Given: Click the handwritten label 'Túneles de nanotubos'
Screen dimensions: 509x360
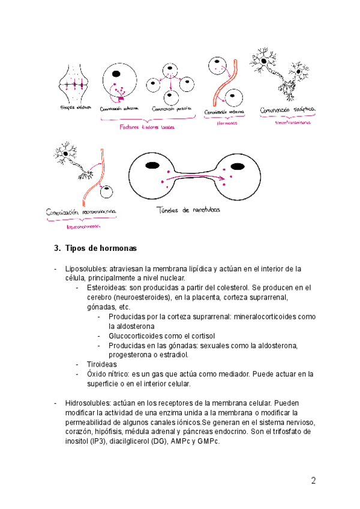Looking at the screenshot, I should point(188,209).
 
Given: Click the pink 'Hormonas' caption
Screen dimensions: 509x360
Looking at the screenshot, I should point(227,123).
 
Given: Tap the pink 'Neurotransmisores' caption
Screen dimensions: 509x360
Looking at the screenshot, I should point(292,122).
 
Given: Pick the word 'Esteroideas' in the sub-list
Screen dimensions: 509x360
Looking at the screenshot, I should point(107,288).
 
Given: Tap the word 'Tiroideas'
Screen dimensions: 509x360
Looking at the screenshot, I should point(101,364).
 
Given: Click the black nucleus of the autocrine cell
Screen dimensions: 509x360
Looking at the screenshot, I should point(115,75).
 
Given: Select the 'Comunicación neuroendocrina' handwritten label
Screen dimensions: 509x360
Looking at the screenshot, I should point(82,212).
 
